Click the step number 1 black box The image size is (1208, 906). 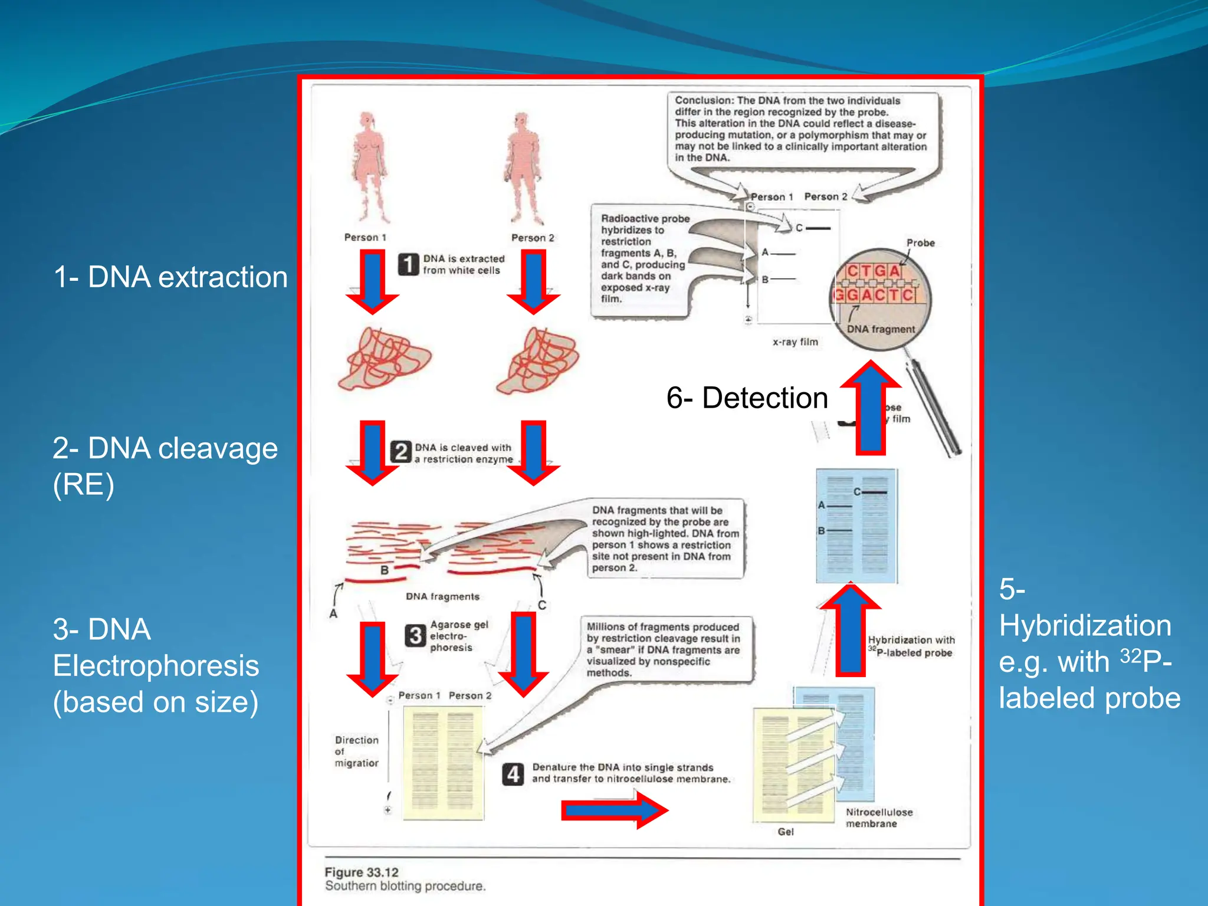(408, 264)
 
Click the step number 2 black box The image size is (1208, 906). (401, 452)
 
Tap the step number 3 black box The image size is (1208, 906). (415, 636)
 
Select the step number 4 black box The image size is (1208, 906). (513, 774)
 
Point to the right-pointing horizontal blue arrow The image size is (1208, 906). (613, 810)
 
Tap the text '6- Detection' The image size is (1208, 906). (747, 398)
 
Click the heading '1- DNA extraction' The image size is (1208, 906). (170, 277)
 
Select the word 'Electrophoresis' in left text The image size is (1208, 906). (156, 665)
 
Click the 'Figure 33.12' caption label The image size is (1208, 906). (362, 872)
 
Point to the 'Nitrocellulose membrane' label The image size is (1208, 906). (878, 818)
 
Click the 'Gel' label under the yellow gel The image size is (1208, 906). (785, 831)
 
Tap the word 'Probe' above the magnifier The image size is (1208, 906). (920, 242)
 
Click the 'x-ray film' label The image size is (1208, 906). (795, 342)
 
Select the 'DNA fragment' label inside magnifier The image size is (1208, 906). (880, 329)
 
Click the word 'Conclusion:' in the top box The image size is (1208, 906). (704, 101)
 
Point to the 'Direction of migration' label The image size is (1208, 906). (356, 751)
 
